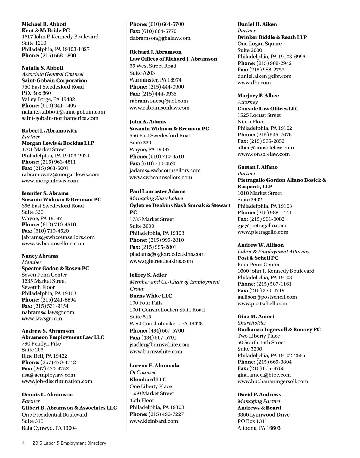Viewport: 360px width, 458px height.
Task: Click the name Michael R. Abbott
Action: coord(44,24)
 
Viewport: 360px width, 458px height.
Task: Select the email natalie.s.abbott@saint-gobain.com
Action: coord(63,112)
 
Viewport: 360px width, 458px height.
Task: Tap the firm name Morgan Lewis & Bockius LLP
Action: coord(58,143)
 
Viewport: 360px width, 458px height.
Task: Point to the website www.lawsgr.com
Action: coord(42,318)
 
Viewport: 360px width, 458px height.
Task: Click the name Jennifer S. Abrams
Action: coord(45,193)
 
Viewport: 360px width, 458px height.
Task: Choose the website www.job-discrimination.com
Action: coord(57,381)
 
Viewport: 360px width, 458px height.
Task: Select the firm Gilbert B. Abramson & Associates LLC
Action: coord(69,408)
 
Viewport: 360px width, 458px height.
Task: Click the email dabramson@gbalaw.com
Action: coord(160,38)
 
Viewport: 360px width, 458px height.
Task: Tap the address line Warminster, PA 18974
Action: coord(155,80)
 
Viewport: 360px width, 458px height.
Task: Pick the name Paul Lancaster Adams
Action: coord(157,191)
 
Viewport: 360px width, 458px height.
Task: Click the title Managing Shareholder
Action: coord(157,198)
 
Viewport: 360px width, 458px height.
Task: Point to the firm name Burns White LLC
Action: coord(151,296)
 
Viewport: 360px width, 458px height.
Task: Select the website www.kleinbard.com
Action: coord(154,421)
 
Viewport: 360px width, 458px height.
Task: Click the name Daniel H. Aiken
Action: coord(257,24)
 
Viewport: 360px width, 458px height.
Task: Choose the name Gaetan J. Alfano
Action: coord(257,167)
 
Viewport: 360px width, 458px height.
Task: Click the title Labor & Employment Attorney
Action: coord(273,251)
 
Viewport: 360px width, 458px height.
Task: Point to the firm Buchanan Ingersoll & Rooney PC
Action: coord(279,329)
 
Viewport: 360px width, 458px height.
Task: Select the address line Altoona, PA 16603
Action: coord(259,428)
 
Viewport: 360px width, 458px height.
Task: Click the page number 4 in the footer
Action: coord(23,443)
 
